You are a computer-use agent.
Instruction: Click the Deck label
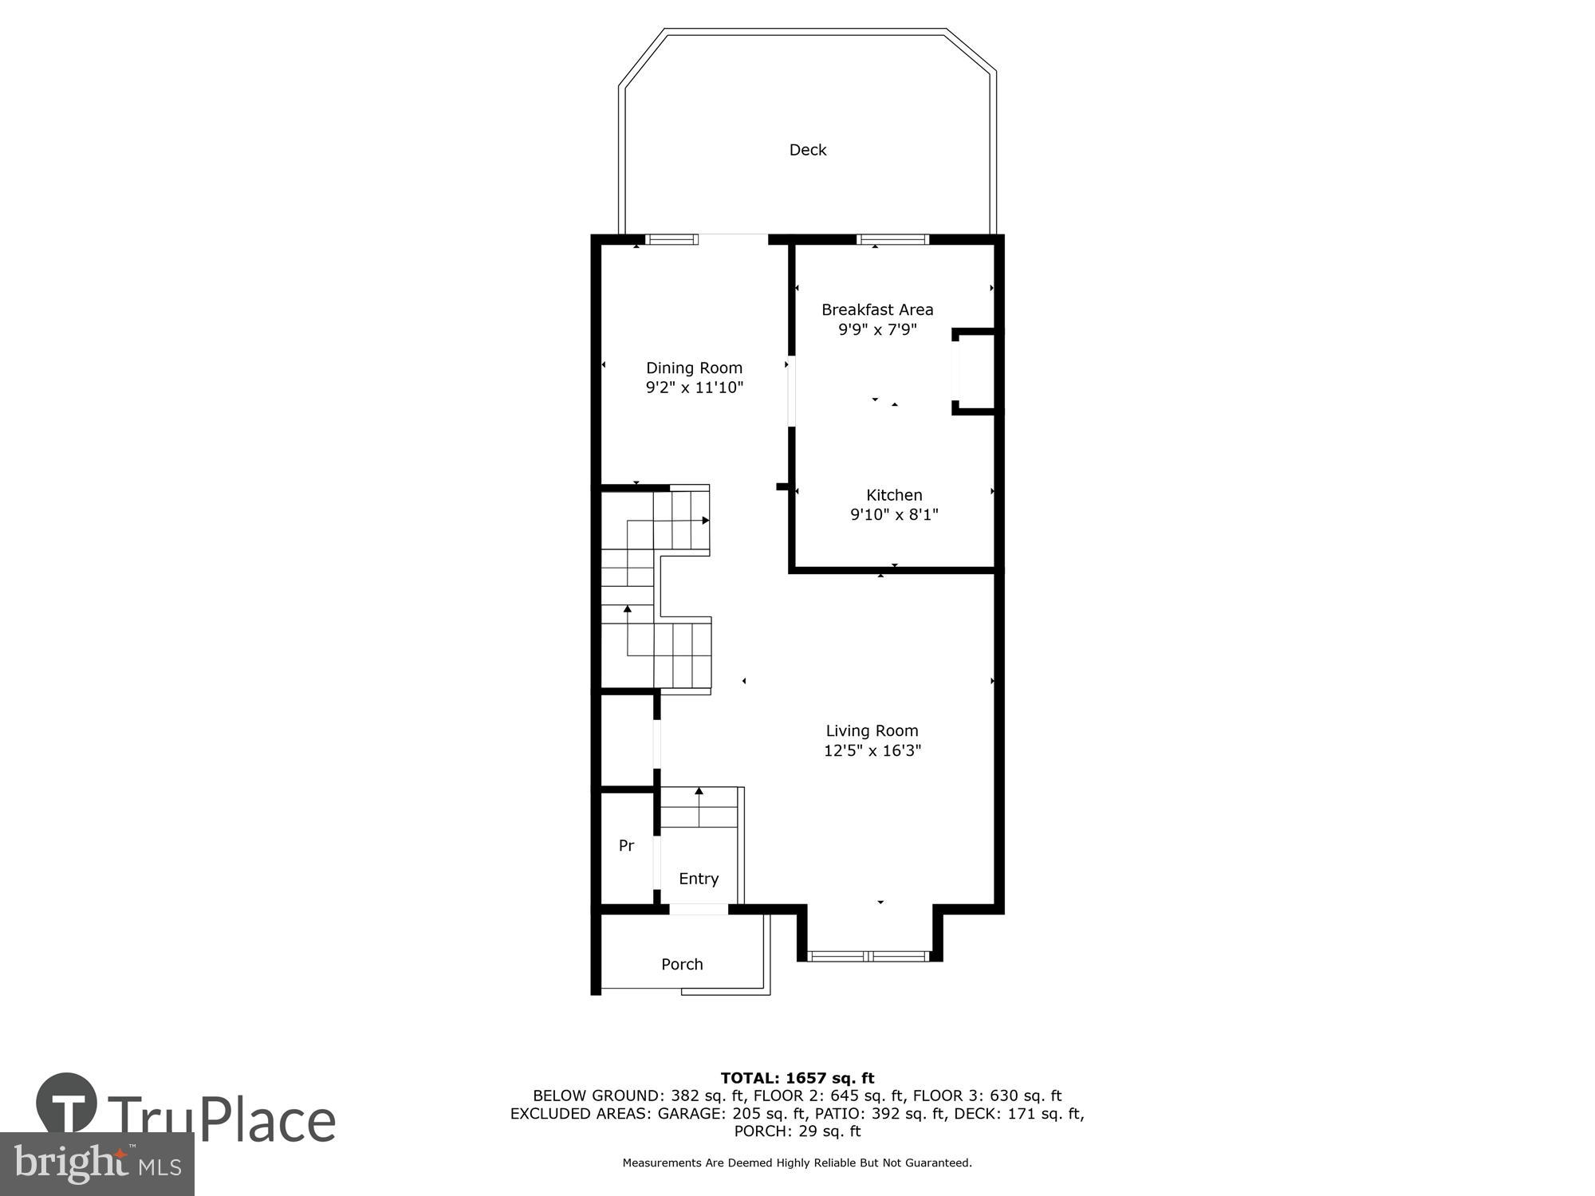coord(807,150)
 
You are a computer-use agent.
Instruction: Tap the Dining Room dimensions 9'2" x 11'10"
coord(694,388)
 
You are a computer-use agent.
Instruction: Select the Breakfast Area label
coord(877,309)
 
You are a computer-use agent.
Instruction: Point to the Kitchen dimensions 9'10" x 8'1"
coord(894,515)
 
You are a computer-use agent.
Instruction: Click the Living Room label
coord(872,730)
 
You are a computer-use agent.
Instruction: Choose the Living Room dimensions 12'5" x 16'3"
coord(872,750)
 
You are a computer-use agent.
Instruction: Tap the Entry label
coord(699,879)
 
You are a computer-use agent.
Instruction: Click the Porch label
coord(682,964)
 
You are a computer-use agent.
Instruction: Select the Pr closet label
coord(626,846)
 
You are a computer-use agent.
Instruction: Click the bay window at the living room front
coord(869,955)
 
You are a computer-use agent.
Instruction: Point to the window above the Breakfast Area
coord(892,238)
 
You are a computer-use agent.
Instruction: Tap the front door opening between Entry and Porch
coord(698,909)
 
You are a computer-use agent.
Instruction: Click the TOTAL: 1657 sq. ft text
coord(797,1078)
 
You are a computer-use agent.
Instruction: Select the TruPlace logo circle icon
coord(67,1104)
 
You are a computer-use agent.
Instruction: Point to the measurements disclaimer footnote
coord(797,1163)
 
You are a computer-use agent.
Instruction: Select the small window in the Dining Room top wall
coord(671,238)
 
